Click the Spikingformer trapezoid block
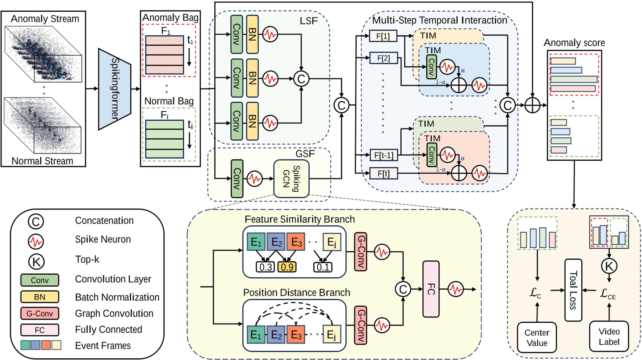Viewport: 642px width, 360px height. [114, 89]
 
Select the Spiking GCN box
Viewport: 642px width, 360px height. [291, 179]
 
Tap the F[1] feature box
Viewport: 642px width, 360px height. [383, 36]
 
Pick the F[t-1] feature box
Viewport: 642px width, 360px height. [383, 155]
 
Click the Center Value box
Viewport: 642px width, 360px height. [537, 338]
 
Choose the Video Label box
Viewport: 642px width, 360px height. [609, 336]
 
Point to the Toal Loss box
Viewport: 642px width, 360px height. [573, 290]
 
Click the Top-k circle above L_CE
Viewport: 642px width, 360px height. [609, 266]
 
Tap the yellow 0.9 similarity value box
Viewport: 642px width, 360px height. [287, 267]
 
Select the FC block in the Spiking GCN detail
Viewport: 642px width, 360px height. [431, 289]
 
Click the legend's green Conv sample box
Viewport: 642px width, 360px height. [40, 280]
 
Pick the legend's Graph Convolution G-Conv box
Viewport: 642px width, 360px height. [40, 313]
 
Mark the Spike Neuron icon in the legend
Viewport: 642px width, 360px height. [36, 241]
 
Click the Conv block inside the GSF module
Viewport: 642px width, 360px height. [237, 179]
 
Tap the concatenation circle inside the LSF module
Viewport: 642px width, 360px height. [301, 79]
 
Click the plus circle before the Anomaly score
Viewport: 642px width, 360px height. [532, 105]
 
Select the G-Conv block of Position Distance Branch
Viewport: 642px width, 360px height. [361, 325]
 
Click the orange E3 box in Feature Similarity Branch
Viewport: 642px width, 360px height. [296, 242]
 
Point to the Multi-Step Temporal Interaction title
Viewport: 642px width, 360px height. [439, 20]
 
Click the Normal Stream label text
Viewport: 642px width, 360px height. [42, 161]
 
